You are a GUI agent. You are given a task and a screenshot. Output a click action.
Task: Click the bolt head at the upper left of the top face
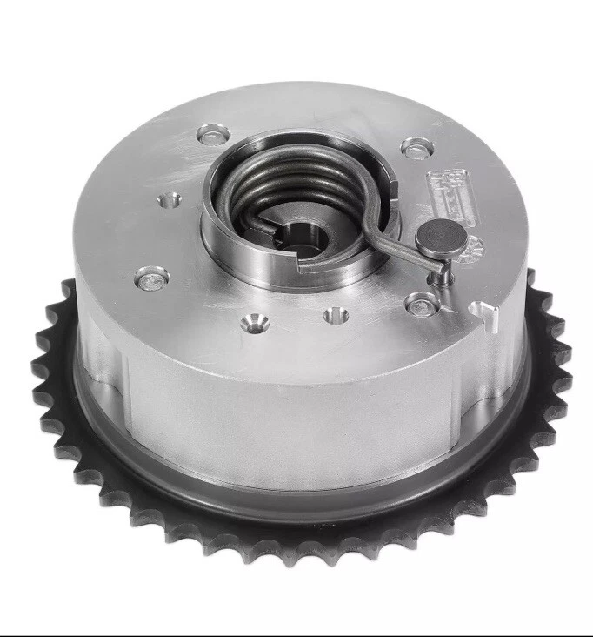[x=211, y=134]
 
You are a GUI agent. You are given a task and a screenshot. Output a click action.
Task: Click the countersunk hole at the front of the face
[x=255, y=322]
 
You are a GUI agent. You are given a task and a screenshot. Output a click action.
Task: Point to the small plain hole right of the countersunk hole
[x=336, y=314]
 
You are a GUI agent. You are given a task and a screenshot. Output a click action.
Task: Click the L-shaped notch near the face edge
[x=484, y=314]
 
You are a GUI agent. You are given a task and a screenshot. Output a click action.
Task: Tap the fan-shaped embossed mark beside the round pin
[x=472, y=251]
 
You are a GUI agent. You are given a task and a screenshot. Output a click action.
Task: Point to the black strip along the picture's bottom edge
[x=296, y=633]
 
